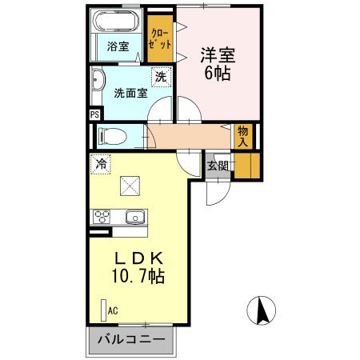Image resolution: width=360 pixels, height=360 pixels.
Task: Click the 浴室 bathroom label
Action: pos(118,46)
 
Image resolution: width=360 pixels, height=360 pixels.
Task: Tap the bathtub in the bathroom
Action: pos(118,22)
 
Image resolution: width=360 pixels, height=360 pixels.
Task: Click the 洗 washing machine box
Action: pos(161,77)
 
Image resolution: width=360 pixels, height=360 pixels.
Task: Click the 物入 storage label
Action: pos(242,137)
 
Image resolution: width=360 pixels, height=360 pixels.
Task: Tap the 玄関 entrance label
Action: pos(217,166)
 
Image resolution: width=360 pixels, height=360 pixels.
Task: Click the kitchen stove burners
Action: pos(103,215)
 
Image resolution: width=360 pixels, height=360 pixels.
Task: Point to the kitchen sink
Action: pos(134,215)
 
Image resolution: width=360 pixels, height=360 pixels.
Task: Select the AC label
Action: pos(113,310)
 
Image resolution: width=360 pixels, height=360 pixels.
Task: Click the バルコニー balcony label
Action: pos(130,339)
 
